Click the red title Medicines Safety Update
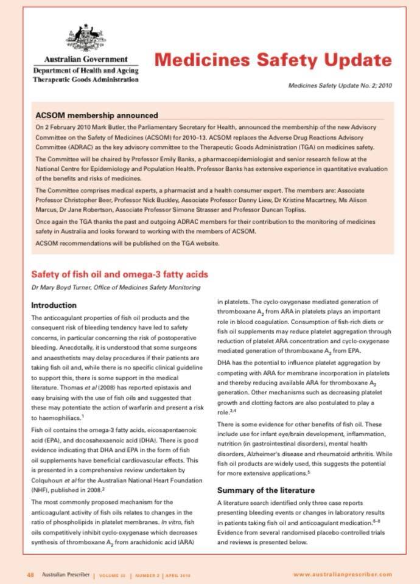tap(273, 60)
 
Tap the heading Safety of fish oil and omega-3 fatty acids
tap(119, 274)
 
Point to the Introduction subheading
tap(54, 305)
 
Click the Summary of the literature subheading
tap(266, 490)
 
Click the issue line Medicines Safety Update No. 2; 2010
tap(340, 86)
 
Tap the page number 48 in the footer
tap(30, 574)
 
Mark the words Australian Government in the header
tap(85, 60)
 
